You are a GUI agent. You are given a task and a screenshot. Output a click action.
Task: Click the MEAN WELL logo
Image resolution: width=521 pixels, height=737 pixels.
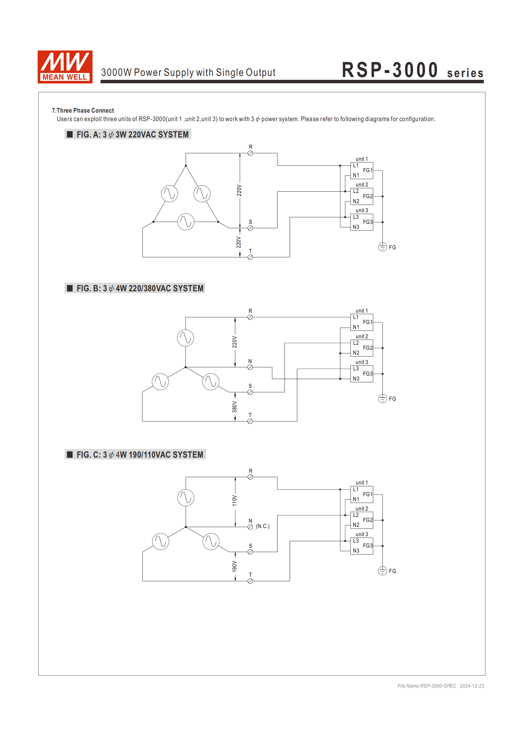[65, 67]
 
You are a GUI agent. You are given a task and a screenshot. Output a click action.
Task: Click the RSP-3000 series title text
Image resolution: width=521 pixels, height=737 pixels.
[412, 70]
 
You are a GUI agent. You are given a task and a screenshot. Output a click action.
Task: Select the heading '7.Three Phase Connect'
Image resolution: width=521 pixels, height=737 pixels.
[83, 110]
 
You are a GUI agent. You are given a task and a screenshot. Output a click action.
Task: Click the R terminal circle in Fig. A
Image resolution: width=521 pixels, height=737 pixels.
[250, 154]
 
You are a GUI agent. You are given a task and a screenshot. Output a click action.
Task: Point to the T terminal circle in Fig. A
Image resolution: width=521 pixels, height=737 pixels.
[250, 257]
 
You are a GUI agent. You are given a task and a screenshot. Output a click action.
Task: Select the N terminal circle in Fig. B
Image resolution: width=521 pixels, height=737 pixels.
[250, 367]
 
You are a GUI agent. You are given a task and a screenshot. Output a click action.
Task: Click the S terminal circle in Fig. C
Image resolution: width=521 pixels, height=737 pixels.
[250, 552]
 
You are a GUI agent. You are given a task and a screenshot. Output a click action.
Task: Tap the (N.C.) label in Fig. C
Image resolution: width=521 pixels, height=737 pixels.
[263, 526]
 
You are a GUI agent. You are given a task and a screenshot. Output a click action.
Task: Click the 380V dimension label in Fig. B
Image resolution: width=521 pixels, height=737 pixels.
[235, 407]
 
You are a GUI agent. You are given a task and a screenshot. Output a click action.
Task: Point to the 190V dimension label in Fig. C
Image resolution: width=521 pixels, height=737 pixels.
[235, 566]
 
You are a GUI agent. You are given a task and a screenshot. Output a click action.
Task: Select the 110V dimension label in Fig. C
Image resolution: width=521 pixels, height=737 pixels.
[235, 500]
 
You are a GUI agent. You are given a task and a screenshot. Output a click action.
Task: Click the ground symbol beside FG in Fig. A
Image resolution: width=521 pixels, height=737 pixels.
[382, 247]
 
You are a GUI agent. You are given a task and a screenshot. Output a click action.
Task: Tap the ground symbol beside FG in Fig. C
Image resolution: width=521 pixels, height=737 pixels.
[382, 571]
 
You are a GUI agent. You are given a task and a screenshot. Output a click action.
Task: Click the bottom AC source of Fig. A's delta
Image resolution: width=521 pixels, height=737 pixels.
[186, 222]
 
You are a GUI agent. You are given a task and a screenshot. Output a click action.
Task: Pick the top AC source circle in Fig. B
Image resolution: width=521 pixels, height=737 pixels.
[186, 338]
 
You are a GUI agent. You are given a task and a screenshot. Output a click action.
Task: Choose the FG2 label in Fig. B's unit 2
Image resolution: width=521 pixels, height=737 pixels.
[368, 348]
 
